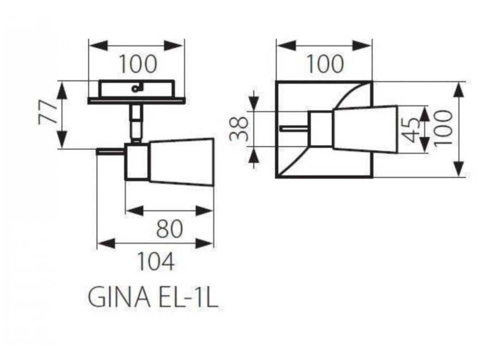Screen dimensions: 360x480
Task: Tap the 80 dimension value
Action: pos(169,229)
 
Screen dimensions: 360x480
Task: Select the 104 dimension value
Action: pos(156,262)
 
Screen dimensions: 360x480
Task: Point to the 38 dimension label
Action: pos(239,128)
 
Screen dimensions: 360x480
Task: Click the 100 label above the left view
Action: pos(138,64)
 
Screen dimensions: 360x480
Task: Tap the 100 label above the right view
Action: pos(325,64)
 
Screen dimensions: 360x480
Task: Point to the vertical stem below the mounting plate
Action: pos(136,122)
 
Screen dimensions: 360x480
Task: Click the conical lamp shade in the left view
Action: pos(182,162)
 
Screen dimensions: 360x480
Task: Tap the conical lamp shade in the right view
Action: pos(365,129)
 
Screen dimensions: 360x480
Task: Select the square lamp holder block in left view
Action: pos(137,161)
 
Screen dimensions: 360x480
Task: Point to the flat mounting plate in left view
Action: pos(136,101)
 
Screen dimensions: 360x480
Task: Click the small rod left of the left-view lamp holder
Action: pos(110,151)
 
